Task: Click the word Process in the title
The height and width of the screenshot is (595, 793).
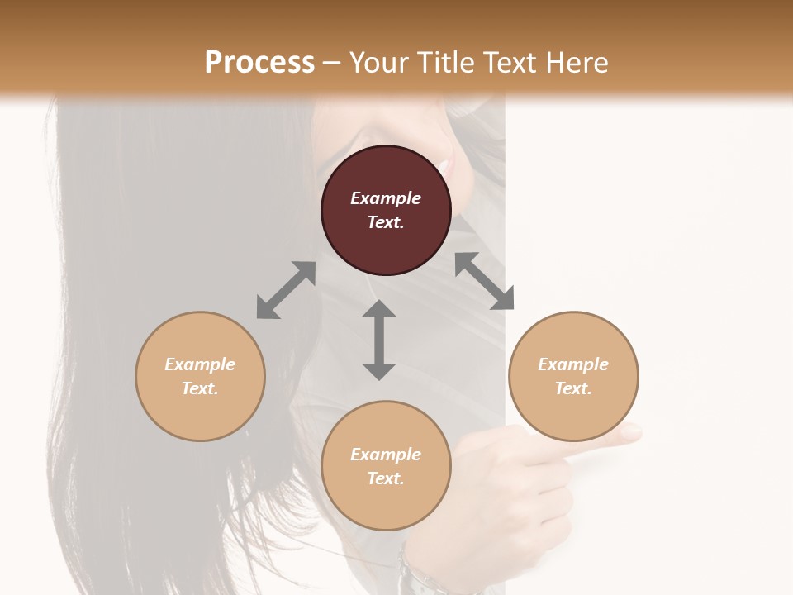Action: (259, 63)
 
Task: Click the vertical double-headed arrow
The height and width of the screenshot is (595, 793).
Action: (379, 340)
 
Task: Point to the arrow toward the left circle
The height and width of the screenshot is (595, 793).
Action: (286, 290)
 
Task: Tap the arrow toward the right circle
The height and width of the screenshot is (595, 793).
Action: (485, 281)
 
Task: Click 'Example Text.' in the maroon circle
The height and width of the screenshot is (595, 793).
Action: (386, 210)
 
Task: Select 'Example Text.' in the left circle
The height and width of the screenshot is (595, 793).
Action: (200, 376)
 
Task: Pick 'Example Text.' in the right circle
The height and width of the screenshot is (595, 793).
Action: (573, 376)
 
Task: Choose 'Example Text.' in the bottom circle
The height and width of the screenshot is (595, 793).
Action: (386, 466)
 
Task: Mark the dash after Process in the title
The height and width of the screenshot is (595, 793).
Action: (332, 63)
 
